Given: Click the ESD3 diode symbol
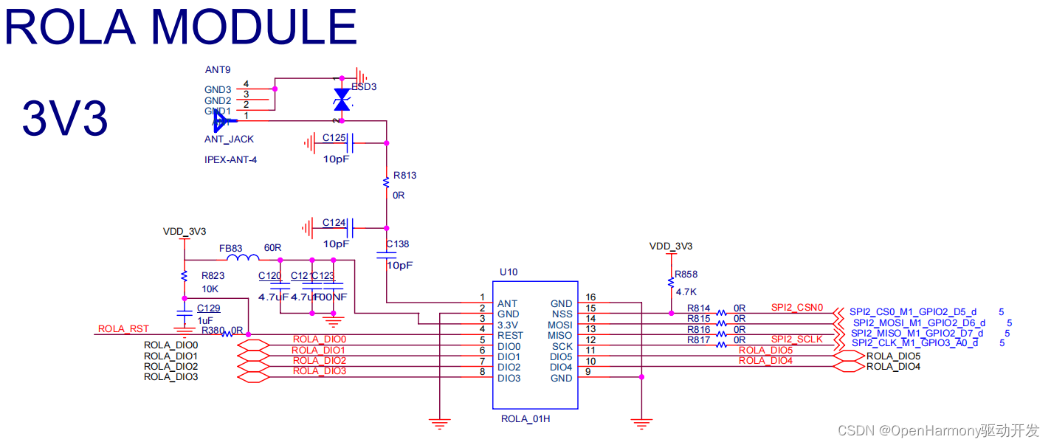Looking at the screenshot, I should coord(341,100).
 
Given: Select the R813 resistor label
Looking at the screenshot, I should coord(405,176).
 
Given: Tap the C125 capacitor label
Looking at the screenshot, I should coord(334,138).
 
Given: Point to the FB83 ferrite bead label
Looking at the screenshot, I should coord(231,249).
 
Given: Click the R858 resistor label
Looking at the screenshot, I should coord(686,274).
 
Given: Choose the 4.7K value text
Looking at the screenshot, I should coord(686,292).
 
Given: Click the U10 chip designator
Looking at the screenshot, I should coord(509,272).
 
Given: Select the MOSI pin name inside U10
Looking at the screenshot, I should coord(559,325).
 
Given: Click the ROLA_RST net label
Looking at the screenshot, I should coord(123,329).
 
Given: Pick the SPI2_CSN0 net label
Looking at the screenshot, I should coord(796,307).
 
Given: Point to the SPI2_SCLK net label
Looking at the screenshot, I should coord(796,339).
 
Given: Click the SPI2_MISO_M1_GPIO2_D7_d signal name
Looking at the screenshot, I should coord(917,333).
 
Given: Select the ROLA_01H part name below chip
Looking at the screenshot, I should coord(525,419).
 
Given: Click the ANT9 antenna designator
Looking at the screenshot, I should coord(218,70).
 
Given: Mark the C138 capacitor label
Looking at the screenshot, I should coord(397,244).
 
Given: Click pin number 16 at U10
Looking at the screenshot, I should coord(590,297).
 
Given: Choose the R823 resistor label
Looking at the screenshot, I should coord(213,275).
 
